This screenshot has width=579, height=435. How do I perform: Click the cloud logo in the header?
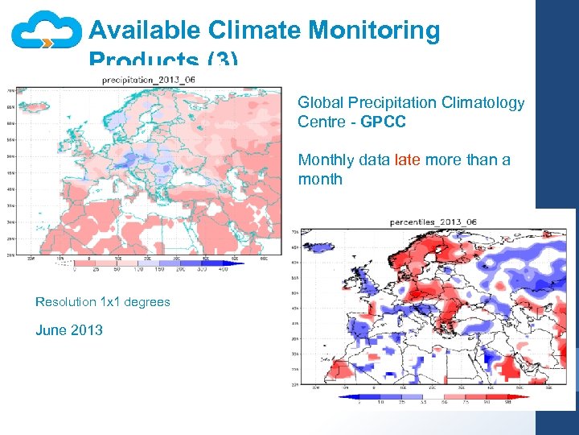click(46, 32)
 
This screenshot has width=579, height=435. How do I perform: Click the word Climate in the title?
click(255, 31)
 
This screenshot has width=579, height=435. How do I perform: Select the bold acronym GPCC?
click(383, 122)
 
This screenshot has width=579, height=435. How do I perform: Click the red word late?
click(408, 159)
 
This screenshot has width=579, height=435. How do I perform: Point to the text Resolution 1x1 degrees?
click(103, 302)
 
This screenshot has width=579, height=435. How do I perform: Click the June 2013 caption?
click(69, 329)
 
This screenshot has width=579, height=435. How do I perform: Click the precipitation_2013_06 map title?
click(149, 81)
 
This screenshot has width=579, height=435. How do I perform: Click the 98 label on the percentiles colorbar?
click(509, 401)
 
